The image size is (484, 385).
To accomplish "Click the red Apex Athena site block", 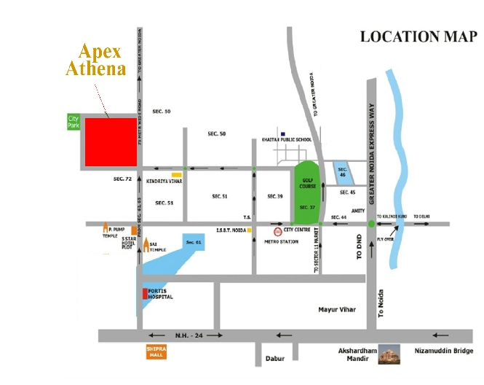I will click(x=111, y=141).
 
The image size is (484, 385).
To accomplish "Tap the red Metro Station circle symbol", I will click(x=277, y=227).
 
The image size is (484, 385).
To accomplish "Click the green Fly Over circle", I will click(x=371, y=223).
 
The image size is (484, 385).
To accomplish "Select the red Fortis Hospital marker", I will click(x=145, y=295).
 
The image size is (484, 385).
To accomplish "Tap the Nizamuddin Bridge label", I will click(x=443, y=351).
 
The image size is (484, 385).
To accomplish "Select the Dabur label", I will click(x=274, y=359).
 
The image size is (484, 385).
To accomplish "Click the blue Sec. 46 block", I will click(x=341, y=174).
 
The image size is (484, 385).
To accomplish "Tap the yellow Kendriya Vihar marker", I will click(x=176, y=174).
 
